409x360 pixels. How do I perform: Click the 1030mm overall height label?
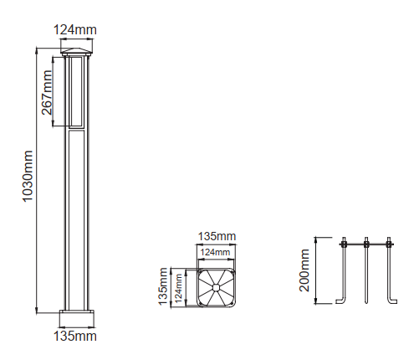coord(28,176)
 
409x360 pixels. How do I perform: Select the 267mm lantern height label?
coord(47,92)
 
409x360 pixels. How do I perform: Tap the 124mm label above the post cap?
coord(75,30)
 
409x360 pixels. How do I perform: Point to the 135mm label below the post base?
coord(75,336)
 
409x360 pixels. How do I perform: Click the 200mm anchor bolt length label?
coord(304,270)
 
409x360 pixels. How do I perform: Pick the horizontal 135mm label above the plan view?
coord(217,236)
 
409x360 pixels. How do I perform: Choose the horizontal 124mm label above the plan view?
coord(215,252)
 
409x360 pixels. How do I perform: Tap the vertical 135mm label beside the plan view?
coord(163,286)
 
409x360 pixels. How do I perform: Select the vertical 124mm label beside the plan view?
coord(178,288)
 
